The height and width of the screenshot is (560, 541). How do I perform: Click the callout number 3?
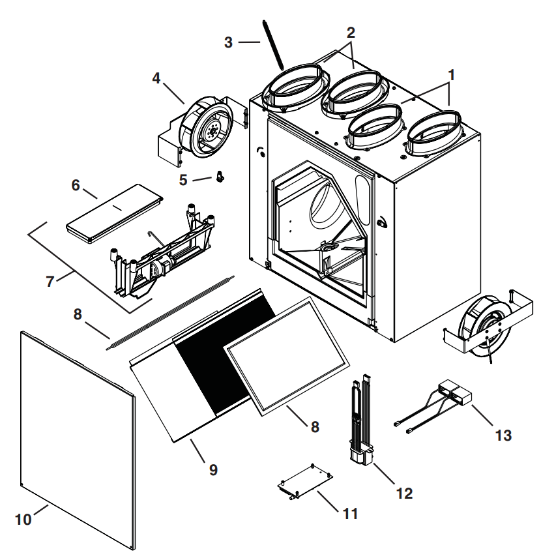[228, 42]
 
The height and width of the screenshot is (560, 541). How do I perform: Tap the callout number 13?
[503, 435]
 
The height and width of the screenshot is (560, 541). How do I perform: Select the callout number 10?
[23, 520]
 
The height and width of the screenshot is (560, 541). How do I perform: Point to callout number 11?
[350, 514]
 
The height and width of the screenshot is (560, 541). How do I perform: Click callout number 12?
[404, 494]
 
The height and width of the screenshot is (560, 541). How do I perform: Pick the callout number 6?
[76, 185]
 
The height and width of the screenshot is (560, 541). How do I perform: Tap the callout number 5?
[183, 180]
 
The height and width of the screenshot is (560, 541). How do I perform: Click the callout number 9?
[213, 469]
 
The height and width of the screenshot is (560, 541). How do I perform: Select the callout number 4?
[156, 78]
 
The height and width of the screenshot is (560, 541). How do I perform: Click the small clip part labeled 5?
[220, 176]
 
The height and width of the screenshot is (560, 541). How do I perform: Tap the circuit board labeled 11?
[305, 481]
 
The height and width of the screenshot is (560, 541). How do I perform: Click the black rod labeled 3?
[273, 44]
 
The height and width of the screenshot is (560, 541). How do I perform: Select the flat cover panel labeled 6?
[115, 213]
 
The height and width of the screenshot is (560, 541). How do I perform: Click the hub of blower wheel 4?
[213, 131]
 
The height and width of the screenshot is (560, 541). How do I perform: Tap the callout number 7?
[50, 282]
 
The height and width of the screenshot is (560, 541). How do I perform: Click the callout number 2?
[351, 33]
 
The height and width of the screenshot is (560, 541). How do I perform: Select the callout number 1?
[451, 75]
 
